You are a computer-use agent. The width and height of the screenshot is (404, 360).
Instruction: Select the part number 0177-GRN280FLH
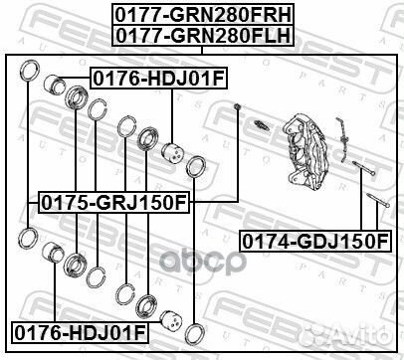pyautogui.click(x=202, y=33)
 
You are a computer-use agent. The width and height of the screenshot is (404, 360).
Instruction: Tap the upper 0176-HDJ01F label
pyautogui.click(x=146, y=76)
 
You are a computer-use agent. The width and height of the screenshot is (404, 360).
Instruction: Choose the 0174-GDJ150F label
pyautogui.click(x=314, y=241)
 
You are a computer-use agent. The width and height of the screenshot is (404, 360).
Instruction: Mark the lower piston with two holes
pyautogui.click(x=173, y=324)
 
